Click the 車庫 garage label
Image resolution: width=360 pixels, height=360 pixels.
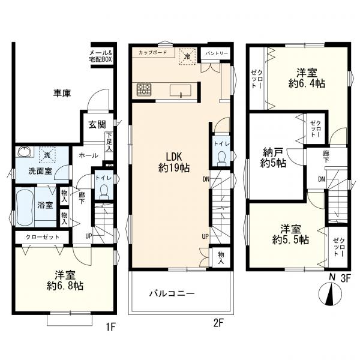[x=62, y=93]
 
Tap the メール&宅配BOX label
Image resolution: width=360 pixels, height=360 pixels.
[x=100, y=56]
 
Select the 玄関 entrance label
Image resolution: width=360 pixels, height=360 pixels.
[x=97, y=125]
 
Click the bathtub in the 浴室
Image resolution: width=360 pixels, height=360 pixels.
[x=25, y=206]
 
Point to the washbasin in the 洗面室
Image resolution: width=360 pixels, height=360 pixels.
[x=25, y=152]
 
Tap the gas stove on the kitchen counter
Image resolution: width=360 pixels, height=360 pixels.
[x=144, y=89]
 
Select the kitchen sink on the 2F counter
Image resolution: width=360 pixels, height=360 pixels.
[x=181, y=91]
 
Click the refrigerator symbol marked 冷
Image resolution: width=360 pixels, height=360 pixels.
[x=187, y=56]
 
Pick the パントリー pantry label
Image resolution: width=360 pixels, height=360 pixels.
[x=217, y=53]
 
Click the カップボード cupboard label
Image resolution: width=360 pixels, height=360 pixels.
[x=152, y=53]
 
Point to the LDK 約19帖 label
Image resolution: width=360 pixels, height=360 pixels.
[x=174, y=163]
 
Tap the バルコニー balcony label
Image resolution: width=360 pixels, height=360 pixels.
[x=172, y=293]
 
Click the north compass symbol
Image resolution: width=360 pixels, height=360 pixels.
[x=331, y=293]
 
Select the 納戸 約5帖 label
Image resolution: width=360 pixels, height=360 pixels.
[x=273, y=157]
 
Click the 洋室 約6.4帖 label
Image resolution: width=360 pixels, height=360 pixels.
[x=307, y=78]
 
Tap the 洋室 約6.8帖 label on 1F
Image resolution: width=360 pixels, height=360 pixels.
[x=65, y=281]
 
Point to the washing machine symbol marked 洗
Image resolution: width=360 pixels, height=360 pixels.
[x=47, y=155]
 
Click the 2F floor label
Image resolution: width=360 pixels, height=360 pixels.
[x=218, y=323]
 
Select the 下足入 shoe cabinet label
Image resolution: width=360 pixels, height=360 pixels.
[x=109, y=142]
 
